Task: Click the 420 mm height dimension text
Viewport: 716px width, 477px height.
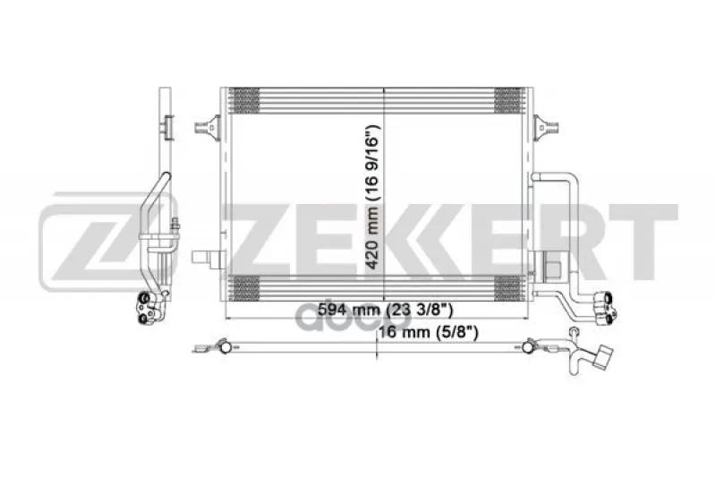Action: [373, 197]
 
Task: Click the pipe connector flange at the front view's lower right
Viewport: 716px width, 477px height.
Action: [606, 308]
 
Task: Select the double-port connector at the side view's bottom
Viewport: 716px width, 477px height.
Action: [148, 308]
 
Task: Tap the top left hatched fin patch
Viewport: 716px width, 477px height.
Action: [245, 100]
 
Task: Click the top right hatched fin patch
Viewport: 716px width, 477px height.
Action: [508, 100]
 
